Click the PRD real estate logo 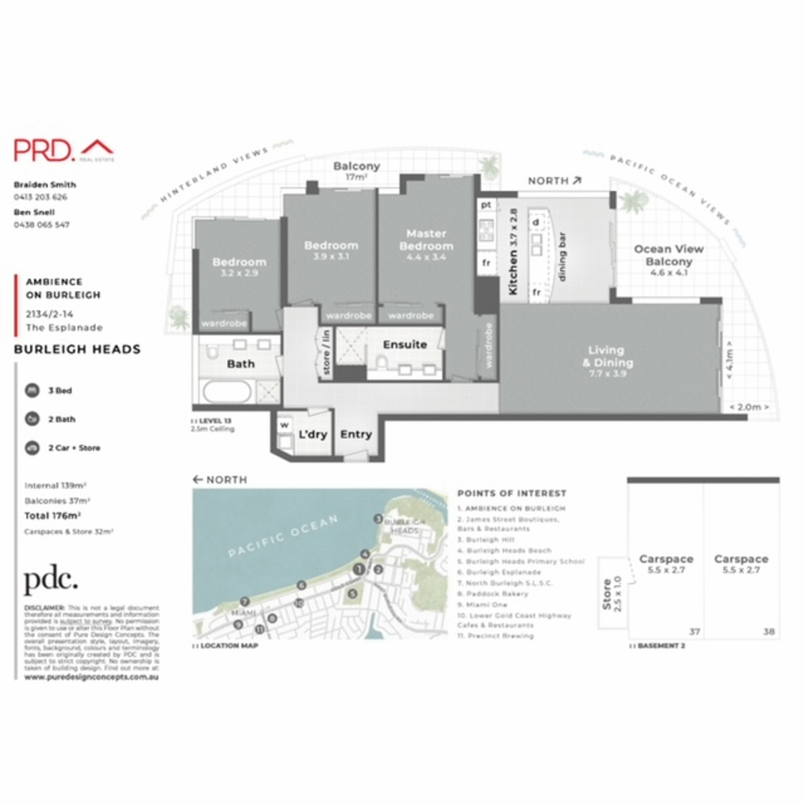tap(64, 149)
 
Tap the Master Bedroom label tap(426, 240)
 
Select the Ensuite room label tap(405, 344)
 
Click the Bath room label tap(241, 364)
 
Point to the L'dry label tap(313, 434)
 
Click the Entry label tap(356, 434)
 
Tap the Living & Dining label tap(607, 356)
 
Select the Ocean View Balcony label tap(669, 255)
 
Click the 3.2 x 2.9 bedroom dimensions tap(239, 273)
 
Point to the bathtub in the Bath tap(227, 391)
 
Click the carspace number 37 tap(694, 631)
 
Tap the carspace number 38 tap(768, 631)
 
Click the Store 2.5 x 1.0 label tap(612, 593)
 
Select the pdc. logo tap(51, 581)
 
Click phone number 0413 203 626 tap(40, 197)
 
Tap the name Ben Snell tap(34, 212)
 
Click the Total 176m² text tap(53, 516)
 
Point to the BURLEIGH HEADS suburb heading tap(77, 349)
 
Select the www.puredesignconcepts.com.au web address tap(91, 677)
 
